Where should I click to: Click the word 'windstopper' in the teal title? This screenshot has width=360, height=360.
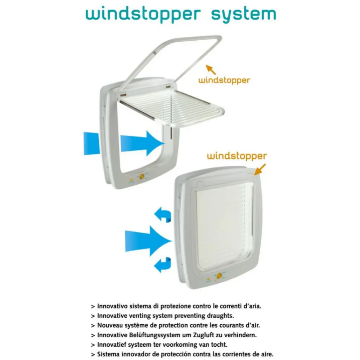143,15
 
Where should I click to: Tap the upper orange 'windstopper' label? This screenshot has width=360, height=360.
224,80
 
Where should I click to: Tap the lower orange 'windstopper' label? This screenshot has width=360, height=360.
237,156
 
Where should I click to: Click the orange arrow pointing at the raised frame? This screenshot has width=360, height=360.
211,69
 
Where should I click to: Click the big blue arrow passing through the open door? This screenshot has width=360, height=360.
142,143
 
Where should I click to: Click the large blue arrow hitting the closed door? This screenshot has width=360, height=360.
148,241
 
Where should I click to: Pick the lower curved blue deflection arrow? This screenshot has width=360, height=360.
163,265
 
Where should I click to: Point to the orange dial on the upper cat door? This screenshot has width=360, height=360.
141,176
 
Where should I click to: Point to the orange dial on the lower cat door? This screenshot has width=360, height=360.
219,275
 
